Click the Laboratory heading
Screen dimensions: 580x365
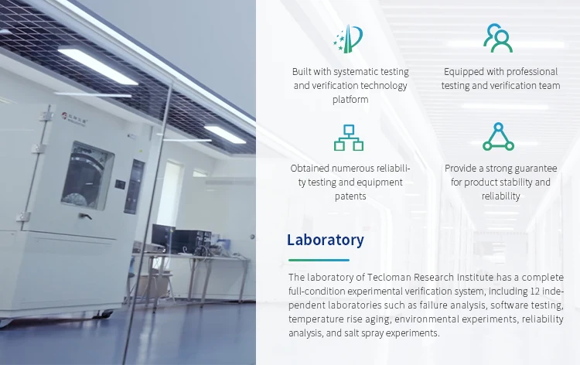click(x=326, y=240)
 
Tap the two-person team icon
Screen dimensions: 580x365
click(x=498, y=38)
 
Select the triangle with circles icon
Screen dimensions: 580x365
click(x=498, y=137)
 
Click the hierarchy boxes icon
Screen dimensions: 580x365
click(x=349, y=138)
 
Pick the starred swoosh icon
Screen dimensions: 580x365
click(x=348, y=39)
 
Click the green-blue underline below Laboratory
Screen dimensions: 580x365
click(x=319, y=260)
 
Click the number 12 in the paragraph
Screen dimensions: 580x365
click(x=535, y=291)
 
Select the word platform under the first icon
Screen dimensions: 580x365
click(x=350, y=100)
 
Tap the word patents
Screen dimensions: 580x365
click(x=350, y=196)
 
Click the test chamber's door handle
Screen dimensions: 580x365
click(x=85, y=216)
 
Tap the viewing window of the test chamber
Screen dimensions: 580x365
click(x=88, y=175)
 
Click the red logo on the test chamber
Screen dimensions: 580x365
click(x=64, y=115)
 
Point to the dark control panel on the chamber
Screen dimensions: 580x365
click(x=135, y=186)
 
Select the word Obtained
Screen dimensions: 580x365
click(x=309, y=169)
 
